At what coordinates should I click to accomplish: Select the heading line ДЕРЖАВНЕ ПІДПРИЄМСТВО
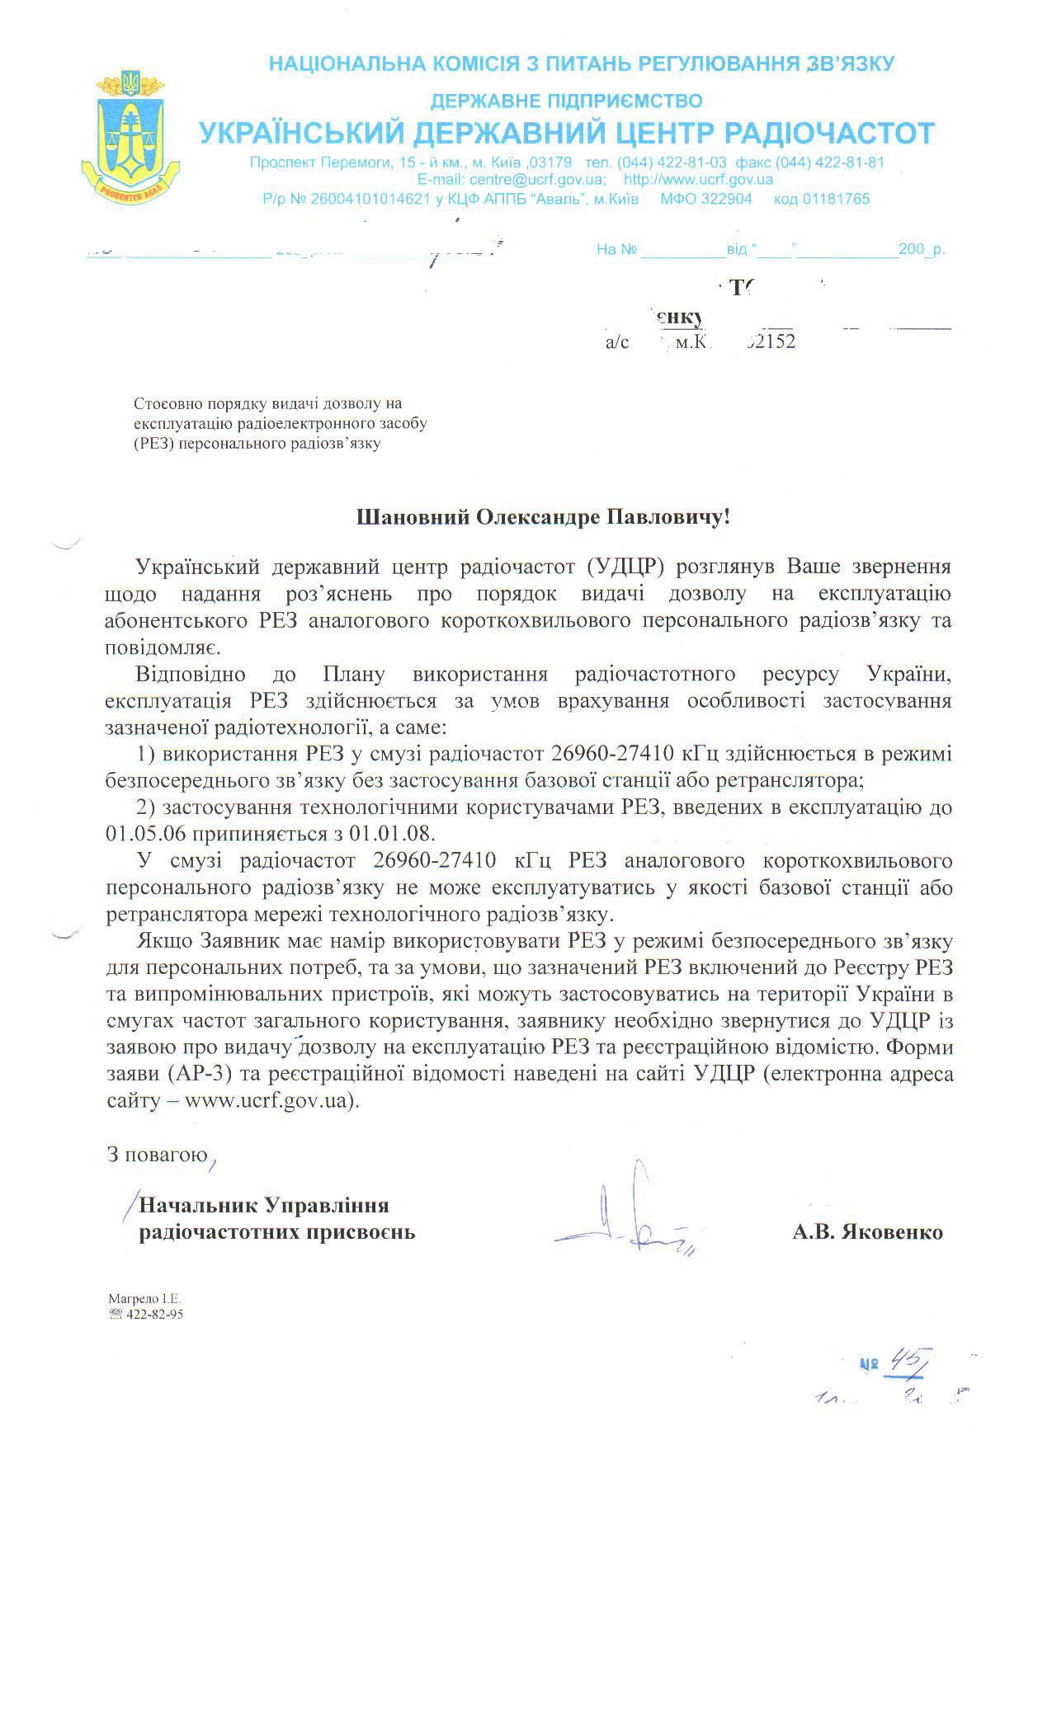pos(566,101)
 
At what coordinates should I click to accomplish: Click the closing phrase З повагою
pos(158,1154)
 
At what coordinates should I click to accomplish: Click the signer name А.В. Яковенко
pos(867,1232)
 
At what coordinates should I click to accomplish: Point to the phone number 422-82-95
pos(153,1315)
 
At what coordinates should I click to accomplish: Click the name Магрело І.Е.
pos(139,1299)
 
